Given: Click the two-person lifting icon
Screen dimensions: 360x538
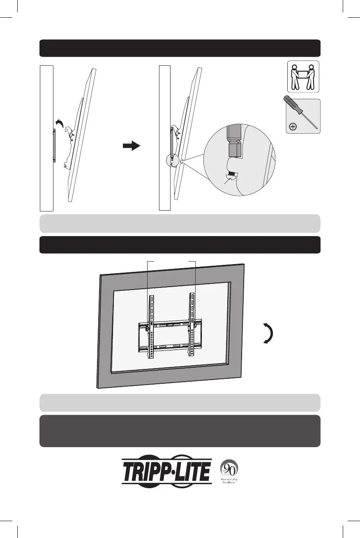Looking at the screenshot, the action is tap(303, 77).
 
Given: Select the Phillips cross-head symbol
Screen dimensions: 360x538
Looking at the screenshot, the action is tap(293, 127).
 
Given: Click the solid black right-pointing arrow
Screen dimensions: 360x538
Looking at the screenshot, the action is tap(132, 146).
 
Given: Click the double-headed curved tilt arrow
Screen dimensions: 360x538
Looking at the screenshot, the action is tap(268, 333).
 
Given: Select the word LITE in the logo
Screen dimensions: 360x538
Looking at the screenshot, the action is tap(193, 472).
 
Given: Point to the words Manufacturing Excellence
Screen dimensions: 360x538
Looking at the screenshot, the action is tap(229, 481).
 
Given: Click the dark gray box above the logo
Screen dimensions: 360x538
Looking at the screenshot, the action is tap(180, 431).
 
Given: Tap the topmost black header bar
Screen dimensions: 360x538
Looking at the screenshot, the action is tap(180, 48).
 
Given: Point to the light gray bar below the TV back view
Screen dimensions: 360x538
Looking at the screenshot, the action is tap(180, 403).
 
